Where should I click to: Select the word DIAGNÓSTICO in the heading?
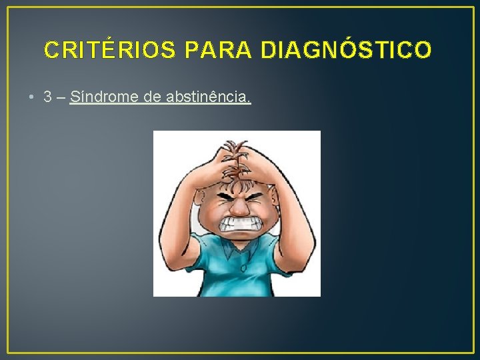pyautogui.click(x=346, y=50)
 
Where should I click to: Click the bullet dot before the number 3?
pyautogui.click(x=32, y=97)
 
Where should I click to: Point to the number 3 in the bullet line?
pyautogui.click(x=47, y=97)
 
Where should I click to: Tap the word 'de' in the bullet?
pyautogui.click(x=151, y=97)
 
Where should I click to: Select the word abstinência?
pyautogui.click(x=208, y=97)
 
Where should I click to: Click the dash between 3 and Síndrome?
pyautogui.click(x=61, y=97)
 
